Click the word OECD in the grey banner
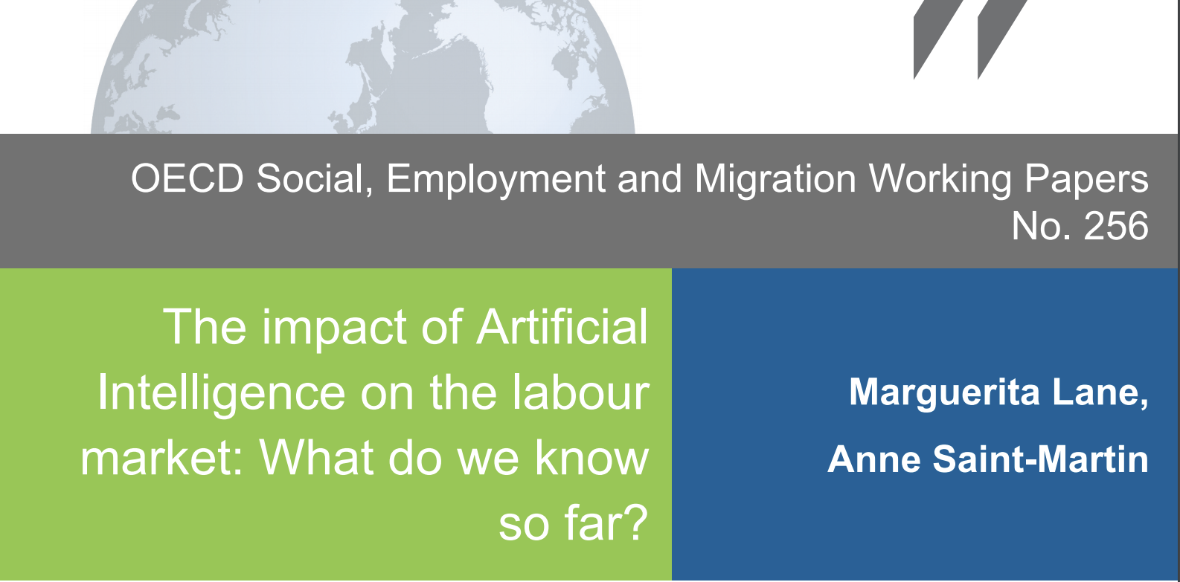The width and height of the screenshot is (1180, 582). tap(187, 179)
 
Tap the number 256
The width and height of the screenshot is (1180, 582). tap(1116, 226)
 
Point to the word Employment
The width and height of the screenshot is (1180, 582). tap(496, 180)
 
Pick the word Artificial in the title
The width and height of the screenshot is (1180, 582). tap(562, 327)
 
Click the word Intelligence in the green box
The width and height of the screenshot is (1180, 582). tap(221, 395)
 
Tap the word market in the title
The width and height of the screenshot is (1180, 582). tap(161, 459)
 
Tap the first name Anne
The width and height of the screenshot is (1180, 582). tap(874, 459)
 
